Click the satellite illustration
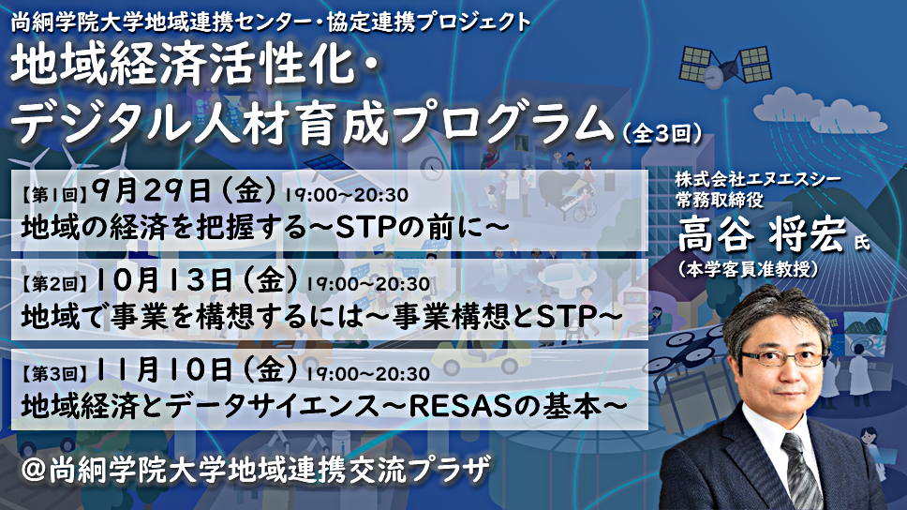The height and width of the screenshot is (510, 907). (725, 66)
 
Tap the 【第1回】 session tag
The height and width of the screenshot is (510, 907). (53, 195)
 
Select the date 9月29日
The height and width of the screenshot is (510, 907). (152, 191)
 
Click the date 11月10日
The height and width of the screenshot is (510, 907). (164, 369)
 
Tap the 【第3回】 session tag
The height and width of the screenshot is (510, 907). (53, 373)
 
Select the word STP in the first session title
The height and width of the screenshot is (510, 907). (364, 228)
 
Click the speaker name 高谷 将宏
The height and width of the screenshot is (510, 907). (763, 233)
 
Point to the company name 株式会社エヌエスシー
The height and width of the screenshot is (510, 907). (758, 179)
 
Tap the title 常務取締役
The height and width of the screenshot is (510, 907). (720, 200)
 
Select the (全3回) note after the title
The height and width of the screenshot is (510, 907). (662, 134)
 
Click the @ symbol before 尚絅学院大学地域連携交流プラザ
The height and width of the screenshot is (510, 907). (33, 470)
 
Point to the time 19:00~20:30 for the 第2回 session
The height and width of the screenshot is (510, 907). (368, 284)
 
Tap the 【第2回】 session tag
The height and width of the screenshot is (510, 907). (53, 284)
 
